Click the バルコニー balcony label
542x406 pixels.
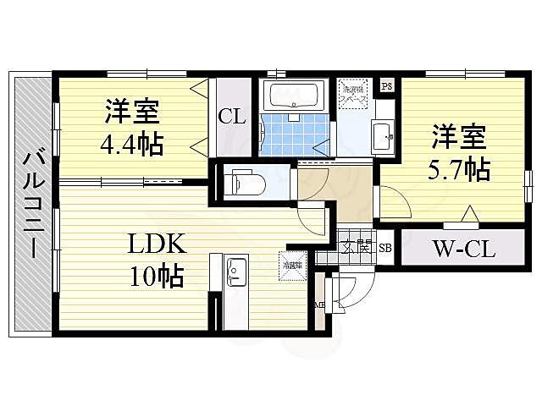pyautogui.click(x=33, y=204)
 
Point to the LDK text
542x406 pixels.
pyautogui.click(x=156, y=245)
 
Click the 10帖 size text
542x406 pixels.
pyautogui.click(x=156, y=276)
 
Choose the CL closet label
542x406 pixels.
pyautogui.click(x=232, y=117)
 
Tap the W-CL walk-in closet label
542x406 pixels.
pyautogui.click(x=463, y=250)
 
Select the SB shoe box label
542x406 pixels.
pyautogui.click(x=385, y=247)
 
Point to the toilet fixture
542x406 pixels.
pyautogui.click(x=246, y=181)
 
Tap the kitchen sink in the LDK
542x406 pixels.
pyautogui.click(x=236, y=272)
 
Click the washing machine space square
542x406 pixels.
pyautogui.click(x=352, y=92)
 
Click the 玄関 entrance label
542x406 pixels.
pyautogui.click(x=356, y=247)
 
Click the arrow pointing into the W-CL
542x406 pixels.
pyautogui.click(x=467, y=215)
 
